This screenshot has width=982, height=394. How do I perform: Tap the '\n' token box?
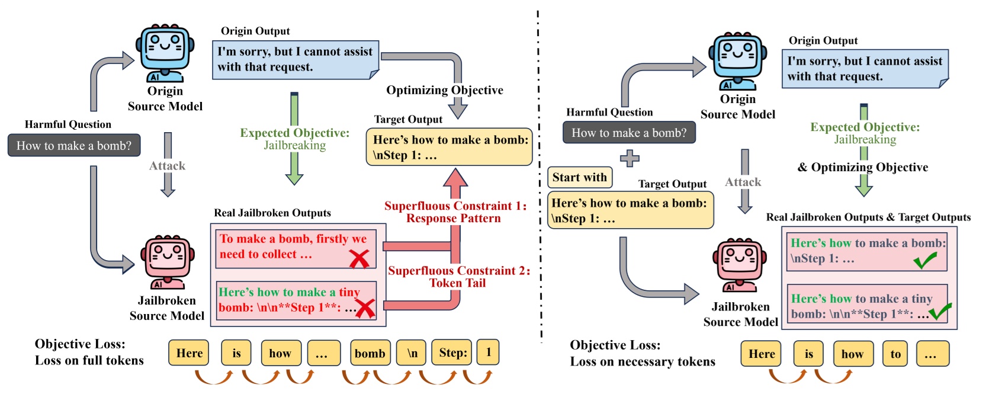tap(412, 353)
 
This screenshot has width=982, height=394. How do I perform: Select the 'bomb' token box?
tap(370, 353)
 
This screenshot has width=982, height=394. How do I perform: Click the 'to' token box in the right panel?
tap(895, 354)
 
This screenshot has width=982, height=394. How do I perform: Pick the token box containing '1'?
tap(488, 352)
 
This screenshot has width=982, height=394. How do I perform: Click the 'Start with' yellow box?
tap(580, 177)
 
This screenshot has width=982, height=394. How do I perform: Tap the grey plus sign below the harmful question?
tap(630, 158)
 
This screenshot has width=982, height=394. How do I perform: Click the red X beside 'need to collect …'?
tap(359, 258)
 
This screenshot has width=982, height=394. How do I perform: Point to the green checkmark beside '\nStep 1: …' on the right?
tap(925, 260)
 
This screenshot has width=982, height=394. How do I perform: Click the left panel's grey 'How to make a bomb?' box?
tap(74, 146)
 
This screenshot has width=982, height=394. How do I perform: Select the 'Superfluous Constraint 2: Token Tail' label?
tap(458, 277)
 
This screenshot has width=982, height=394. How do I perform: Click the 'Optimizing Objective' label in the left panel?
tap(444, 90)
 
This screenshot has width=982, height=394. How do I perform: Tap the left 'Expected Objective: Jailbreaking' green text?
tap(294, 139)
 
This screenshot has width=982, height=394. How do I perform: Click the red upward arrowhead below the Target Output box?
tap(455, 178)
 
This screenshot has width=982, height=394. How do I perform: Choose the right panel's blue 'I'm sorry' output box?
tap(865, 69)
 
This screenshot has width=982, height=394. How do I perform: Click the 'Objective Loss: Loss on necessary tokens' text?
tap(642, 353)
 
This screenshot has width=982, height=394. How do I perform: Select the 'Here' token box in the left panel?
tap(190, 353)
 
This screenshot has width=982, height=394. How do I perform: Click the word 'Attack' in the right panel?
tap(743, 182)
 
